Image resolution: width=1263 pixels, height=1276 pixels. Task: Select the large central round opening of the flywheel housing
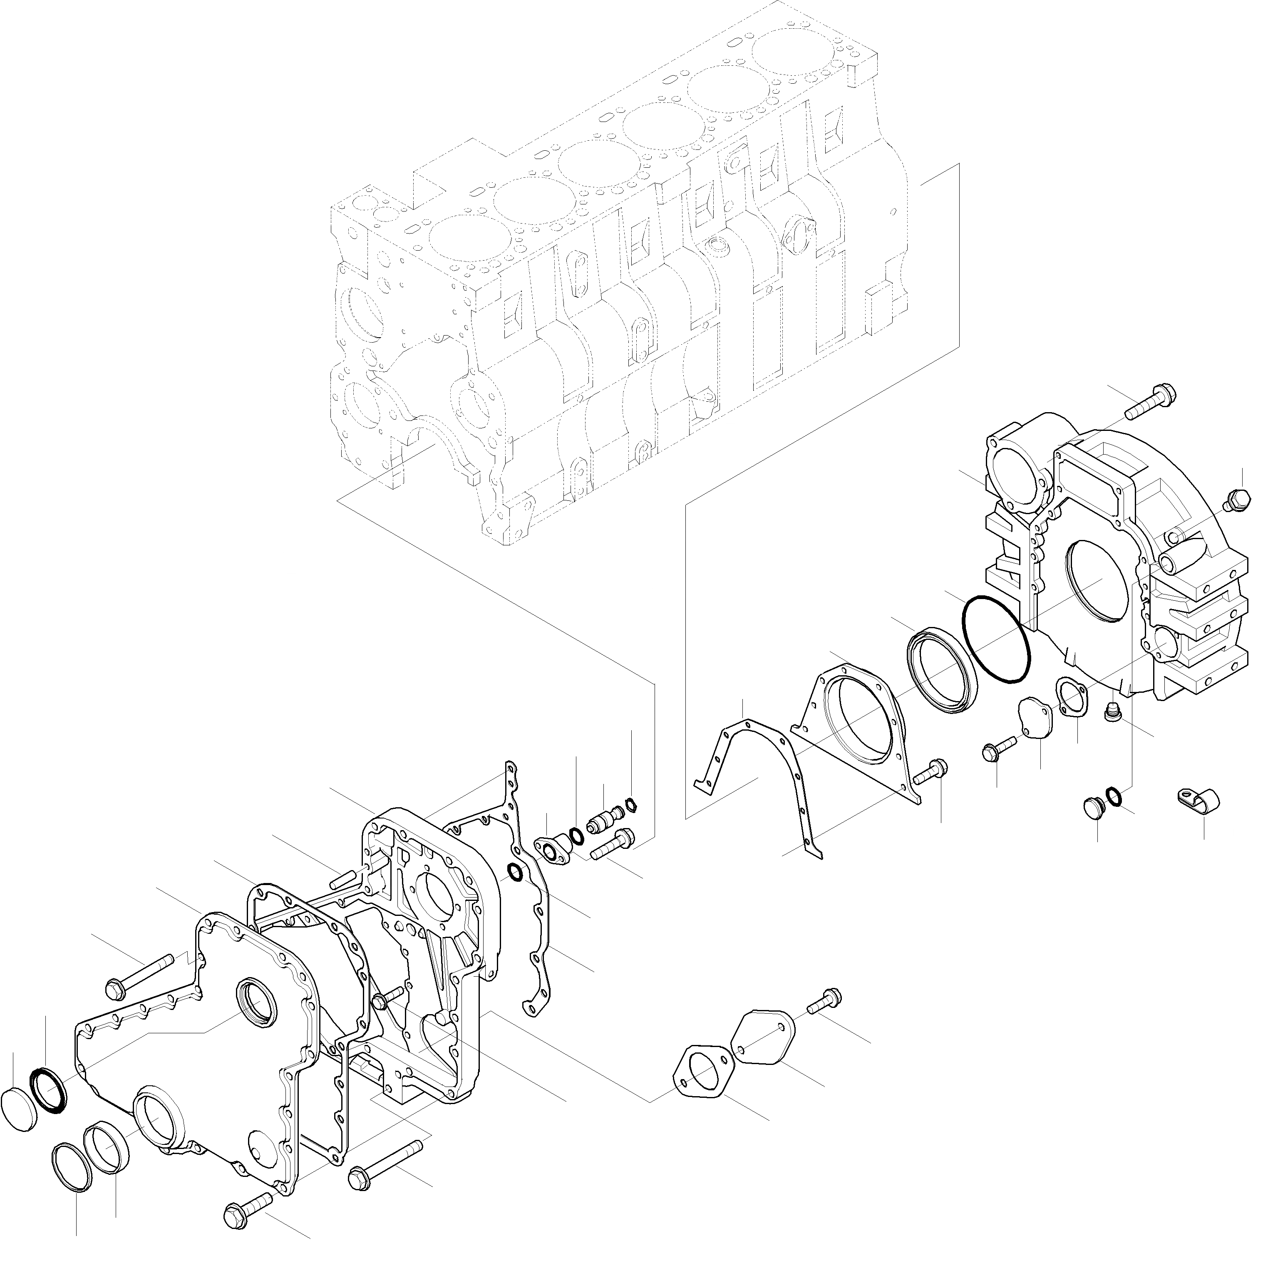pos(1096,581)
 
